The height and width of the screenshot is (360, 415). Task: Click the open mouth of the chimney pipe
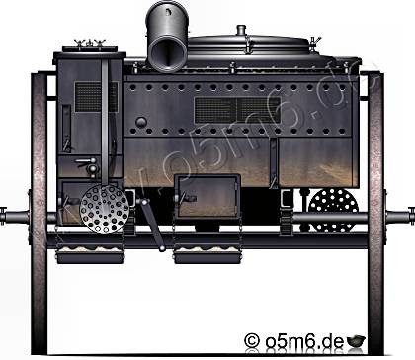[167, 51]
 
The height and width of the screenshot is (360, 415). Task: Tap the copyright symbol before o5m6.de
[252, 340]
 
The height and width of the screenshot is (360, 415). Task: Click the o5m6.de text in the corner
[304, 341]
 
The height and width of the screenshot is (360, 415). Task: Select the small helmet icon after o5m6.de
[356, 340]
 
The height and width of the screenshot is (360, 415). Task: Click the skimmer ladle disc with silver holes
[105, 209]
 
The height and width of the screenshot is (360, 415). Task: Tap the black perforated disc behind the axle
[333, 210]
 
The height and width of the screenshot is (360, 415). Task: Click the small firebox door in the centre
[207, 196]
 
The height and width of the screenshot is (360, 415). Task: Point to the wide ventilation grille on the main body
[237, 110]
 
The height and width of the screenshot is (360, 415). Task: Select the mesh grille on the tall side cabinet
[96, 97]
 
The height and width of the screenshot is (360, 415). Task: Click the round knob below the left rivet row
[141, 122]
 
